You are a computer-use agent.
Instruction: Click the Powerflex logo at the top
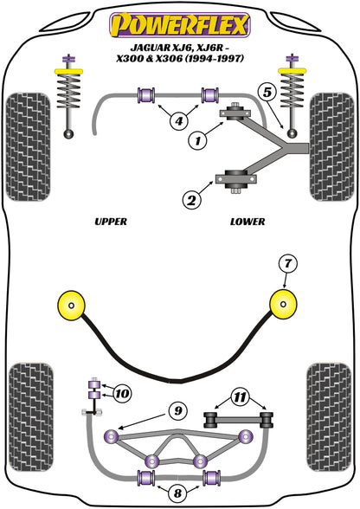point(180,25)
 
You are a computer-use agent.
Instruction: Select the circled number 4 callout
point(178,121)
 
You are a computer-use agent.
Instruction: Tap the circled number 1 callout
point(197,140)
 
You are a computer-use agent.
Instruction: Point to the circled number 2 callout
point(191,200)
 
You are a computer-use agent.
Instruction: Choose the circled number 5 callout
point(267,93)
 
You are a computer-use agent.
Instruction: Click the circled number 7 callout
point(288,263)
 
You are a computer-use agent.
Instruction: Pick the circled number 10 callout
point(122,394)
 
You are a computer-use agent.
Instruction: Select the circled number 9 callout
point(178,411)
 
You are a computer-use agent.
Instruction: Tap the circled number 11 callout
point(241,397)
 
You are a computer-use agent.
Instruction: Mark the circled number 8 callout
point(177,493)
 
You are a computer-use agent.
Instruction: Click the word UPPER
point(111,222)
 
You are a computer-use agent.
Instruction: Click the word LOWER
point(247,222)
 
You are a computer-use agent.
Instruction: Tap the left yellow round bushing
point(72,305)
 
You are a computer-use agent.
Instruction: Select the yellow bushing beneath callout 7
point(283,304)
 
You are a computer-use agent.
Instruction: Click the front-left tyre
point(29,147)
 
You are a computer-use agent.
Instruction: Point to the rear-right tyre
point(329,417)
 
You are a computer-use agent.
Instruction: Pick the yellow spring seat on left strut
point(69,71)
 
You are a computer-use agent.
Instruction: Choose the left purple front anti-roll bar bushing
point(146,95)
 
